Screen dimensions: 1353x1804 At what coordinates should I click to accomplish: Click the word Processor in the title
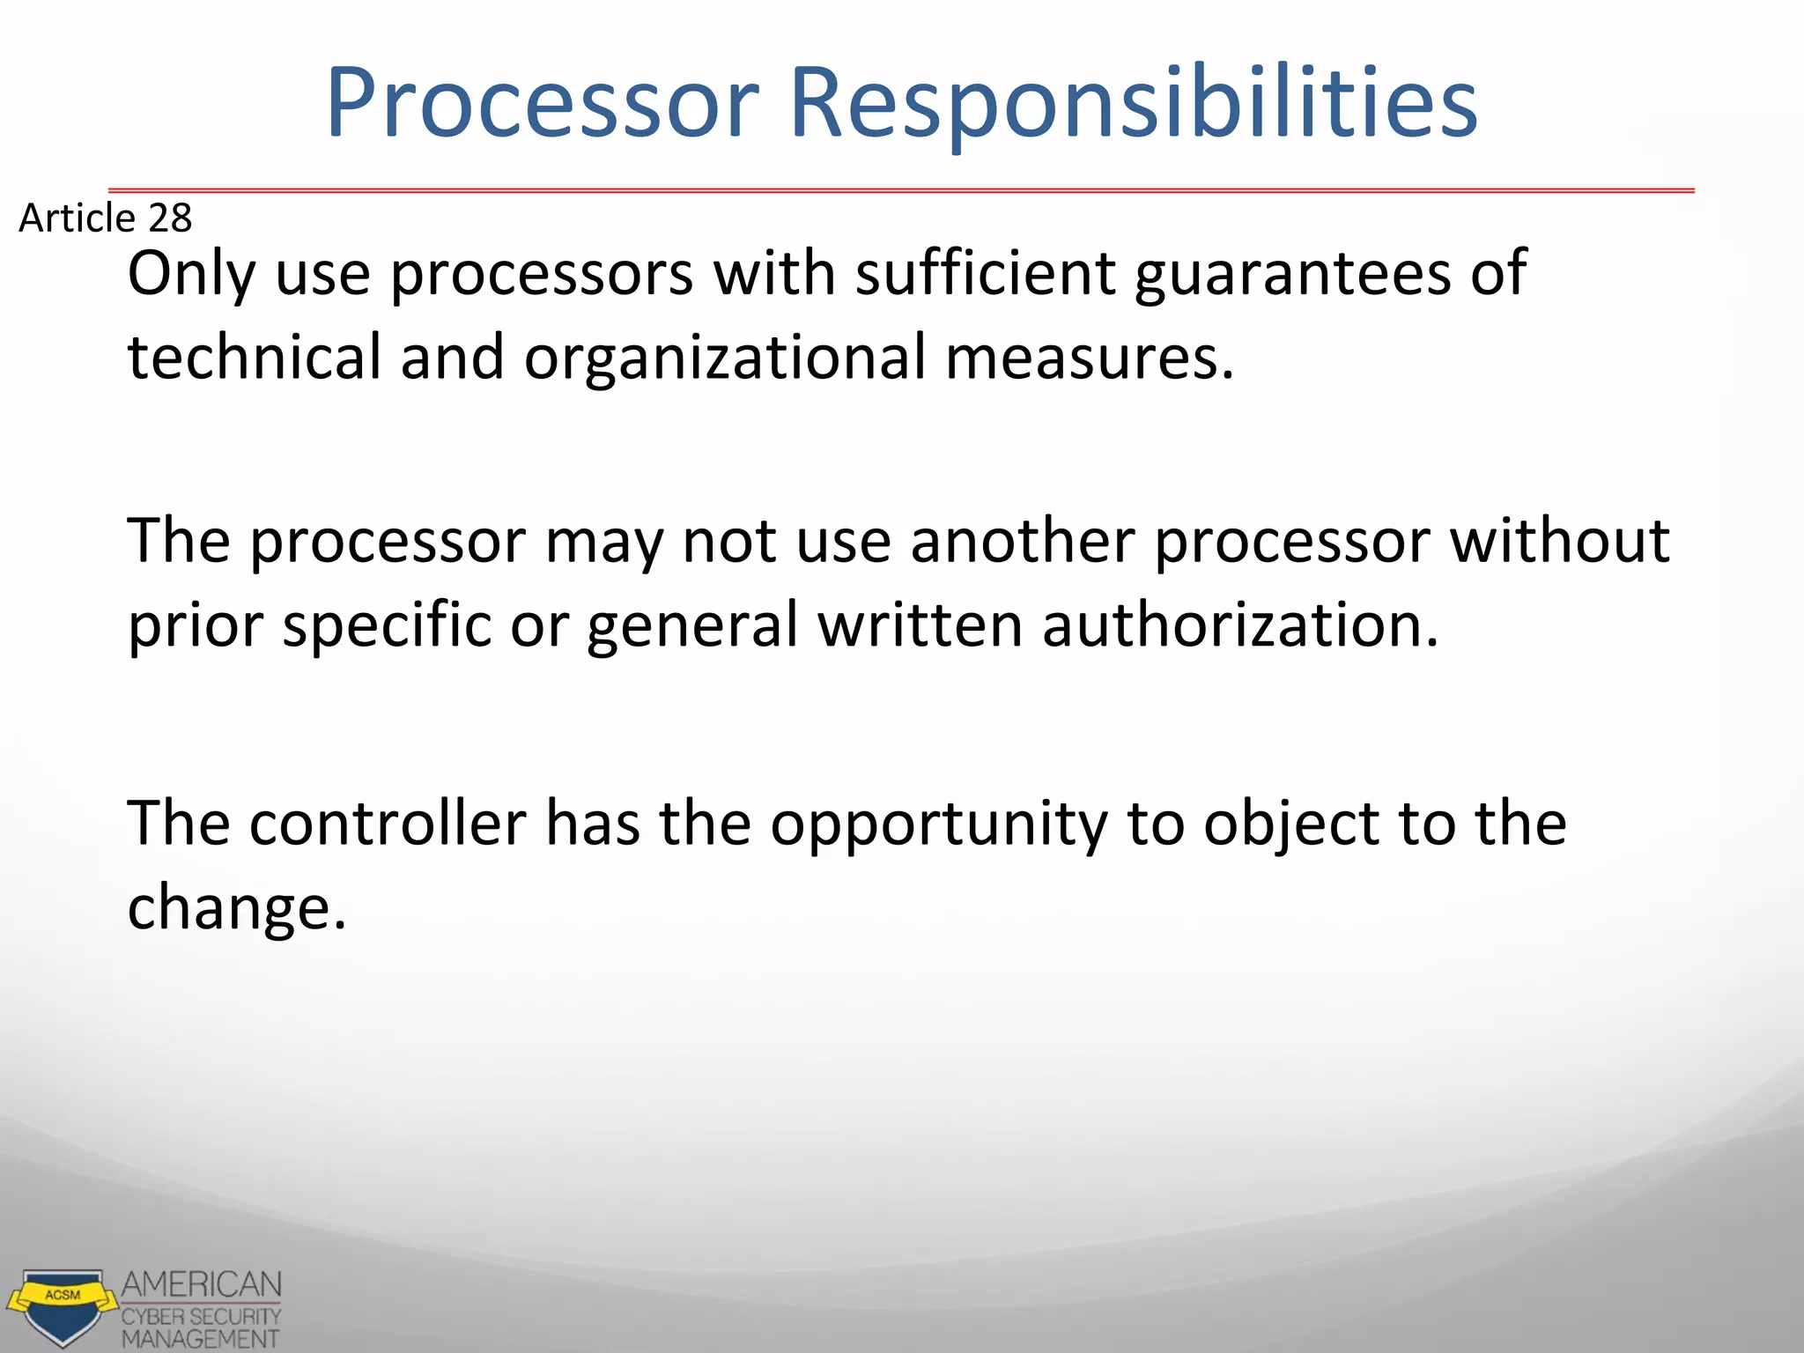[542, 104]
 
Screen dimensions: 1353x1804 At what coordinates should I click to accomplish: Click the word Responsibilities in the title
[1133, 104]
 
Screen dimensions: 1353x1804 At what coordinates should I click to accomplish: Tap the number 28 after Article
[169, 218]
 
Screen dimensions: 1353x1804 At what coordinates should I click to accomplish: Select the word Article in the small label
[77, 218]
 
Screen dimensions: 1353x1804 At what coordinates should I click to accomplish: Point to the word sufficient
[985, 273]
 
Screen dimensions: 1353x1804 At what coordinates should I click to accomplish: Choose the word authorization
[1239, 624]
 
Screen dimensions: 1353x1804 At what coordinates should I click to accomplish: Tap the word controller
[388, 823]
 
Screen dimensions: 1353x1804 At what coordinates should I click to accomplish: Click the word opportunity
[938, 824]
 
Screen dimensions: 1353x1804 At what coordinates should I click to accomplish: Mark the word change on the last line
[236, 907]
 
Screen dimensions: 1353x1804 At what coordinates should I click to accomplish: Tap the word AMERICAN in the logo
[202, 1284]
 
